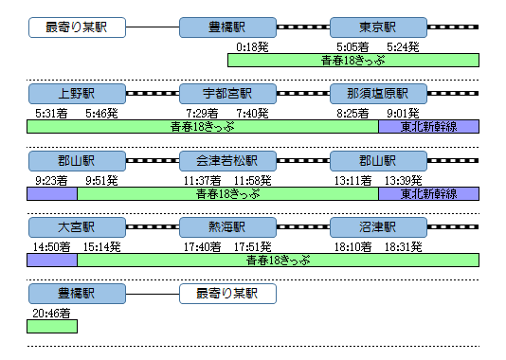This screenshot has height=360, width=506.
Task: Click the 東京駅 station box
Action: pyautogui.click(x=377, y=27)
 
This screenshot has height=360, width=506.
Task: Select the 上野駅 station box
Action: pyautogui.click(x=76, y=94)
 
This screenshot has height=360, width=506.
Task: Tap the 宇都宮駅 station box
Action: pyautogui.click(x=227, y=94)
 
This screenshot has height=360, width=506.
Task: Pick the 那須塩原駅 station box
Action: pyautogui.click(x=377, y=94)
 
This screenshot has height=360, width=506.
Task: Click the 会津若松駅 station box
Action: pyautogui.click(x=227, y=161)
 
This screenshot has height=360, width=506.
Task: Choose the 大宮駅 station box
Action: pyautogui.click(x=76, y=228)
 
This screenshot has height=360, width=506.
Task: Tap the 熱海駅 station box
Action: pyautogui.click(x=227, y=228)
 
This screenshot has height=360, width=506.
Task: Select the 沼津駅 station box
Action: pyautogui.click(x=377, y=228)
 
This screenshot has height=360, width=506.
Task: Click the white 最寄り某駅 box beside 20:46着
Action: pyautogui.click(x=227, y=295)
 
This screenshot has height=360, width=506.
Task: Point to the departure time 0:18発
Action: pyautogui.click(x=251, y=45)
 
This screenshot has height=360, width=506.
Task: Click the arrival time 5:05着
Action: pyautogui.click(x=353, y=45)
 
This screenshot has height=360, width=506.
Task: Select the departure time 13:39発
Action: pyautogui.click(x=404, y=180)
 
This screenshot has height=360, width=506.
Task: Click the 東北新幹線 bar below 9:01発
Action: pyautogui.click(x=428, y=126)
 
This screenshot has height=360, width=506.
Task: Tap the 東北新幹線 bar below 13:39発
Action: pyautogui.click(x=428, y=193)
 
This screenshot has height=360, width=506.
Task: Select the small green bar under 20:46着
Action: pyautogui.click(x=52, y=327)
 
